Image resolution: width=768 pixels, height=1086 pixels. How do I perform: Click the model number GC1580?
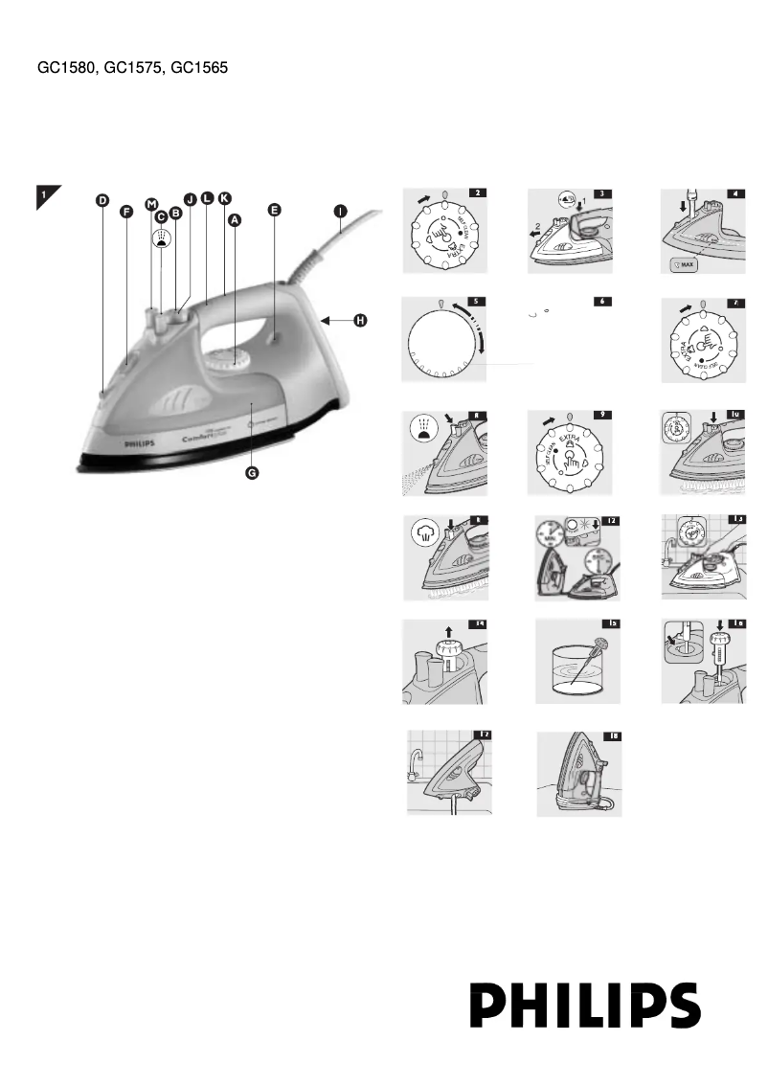coord(63,69)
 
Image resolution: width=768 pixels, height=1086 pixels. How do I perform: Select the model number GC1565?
coord(198,69)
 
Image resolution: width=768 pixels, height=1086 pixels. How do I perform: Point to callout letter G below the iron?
coord(252,475)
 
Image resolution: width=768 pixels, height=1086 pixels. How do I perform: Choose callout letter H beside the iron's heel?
coord(360,320)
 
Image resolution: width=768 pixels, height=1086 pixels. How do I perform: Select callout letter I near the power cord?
coord(340,211)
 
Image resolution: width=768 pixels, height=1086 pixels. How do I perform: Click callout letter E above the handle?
coord(274,211)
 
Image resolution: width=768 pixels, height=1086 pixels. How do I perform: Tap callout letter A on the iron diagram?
coord(235,219)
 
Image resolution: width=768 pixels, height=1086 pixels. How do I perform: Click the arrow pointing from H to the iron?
coord(336,320)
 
